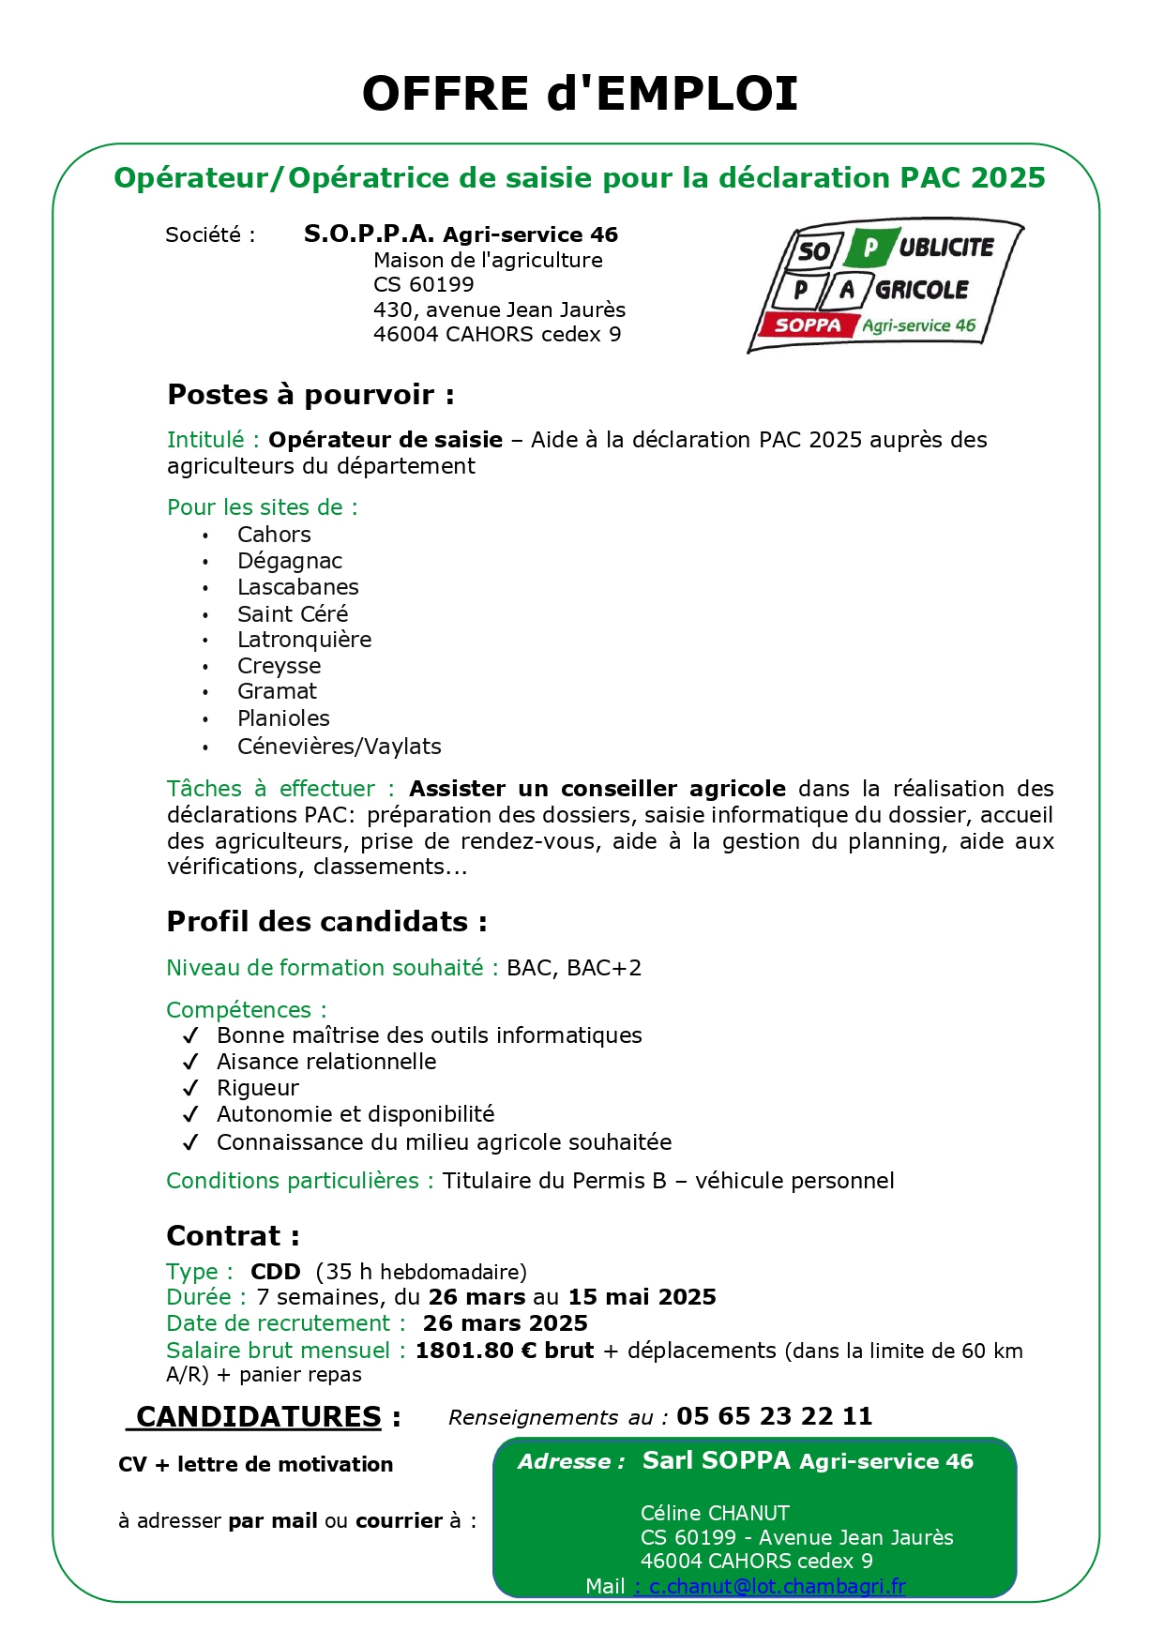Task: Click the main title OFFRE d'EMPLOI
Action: [x=580, y=94]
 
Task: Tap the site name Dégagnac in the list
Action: [x=289, y=561]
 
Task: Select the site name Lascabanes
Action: [x=297, y=587]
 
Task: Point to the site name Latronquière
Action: [x=304, y=640]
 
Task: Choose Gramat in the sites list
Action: [x=277, y=691]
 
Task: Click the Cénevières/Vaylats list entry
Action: [x=339, y=747]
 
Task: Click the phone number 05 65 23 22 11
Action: [x=774, y=1416]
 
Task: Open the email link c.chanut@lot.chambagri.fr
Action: [x=777, y=1586]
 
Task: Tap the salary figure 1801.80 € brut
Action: [x=505, y=1351]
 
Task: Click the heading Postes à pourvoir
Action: [x=310, y=395]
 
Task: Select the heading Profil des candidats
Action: [x=326, y=922]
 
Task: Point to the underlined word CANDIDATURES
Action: [x=259, y=1416]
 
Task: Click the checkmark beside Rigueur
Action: [x=191, y=1088]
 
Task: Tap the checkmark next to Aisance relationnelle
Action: [x=191, y=1062]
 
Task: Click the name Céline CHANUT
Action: [x=715, y=1513]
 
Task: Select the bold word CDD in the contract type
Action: [x=276, y=1272]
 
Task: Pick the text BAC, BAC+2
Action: [x=574, y=968]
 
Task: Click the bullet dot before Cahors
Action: [x=205, y=536]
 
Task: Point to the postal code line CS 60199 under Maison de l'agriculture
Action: [x=424, y=284]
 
